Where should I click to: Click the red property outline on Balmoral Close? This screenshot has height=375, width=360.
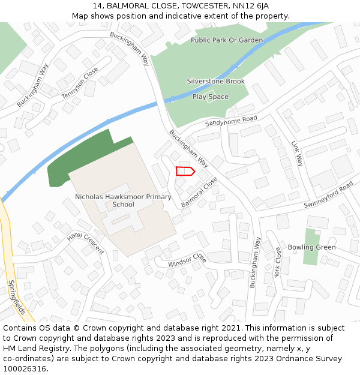(x=185, y=172)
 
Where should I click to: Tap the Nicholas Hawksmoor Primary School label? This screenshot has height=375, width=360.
(x=123, y=200)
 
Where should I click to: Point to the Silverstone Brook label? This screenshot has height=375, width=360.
(x=215, y=81)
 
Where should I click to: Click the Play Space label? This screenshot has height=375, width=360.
(x=210, y=97)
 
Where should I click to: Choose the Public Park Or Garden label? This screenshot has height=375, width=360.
(x=227, y=40)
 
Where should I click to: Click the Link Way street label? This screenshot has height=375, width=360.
(x=298, y=154)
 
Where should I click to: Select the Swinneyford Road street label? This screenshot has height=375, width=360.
(x=328, y=196)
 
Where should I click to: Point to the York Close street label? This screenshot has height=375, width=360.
(x=278, y=262)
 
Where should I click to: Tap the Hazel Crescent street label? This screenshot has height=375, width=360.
(x=85, y=242)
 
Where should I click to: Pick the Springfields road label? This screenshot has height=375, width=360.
(x=17, y=298)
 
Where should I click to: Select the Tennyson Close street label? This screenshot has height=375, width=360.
(x=79, y=83)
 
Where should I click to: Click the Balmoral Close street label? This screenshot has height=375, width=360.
(x=199, y=192)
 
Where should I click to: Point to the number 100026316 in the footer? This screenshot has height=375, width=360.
(x=26, y=368)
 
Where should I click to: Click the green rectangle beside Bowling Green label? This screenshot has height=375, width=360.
(x=311, y=246)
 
